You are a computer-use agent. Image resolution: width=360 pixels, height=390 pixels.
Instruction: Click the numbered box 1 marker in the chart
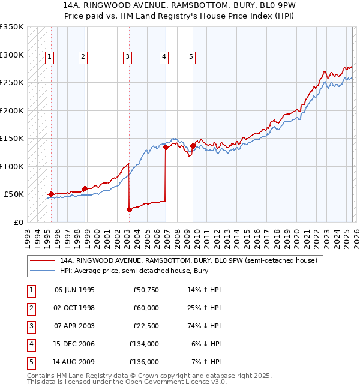click(x=49, y=57)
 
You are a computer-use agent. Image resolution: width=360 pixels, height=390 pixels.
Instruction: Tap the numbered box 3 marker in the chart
click(x=128, y=57)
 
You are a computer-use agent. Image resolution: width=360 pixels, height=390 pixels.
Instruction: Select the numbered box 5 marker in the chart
click(x=191, y=57)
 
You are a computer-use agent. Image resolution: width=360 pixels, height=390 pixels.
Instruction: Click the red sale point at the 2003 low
click(x=129, y=209)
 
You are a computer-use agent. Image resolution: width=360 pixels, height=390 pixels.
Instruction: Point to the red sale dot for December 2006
click(x=166, y=148)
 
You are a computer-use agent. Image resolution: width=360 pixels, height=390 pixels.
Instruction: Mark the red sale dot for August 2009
click(x=193, y=146)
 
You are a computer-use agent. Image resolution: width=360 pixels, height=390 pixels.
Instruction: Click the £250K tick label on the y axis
click(x=12, y=83)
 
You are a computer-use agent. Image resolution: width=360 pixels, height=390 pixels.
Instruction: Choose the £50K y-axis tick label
click(x=14, y=194)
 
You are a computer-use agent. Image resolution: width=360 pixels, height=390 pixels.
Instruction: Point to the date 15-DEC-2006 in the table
click(x=74, y=344)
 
